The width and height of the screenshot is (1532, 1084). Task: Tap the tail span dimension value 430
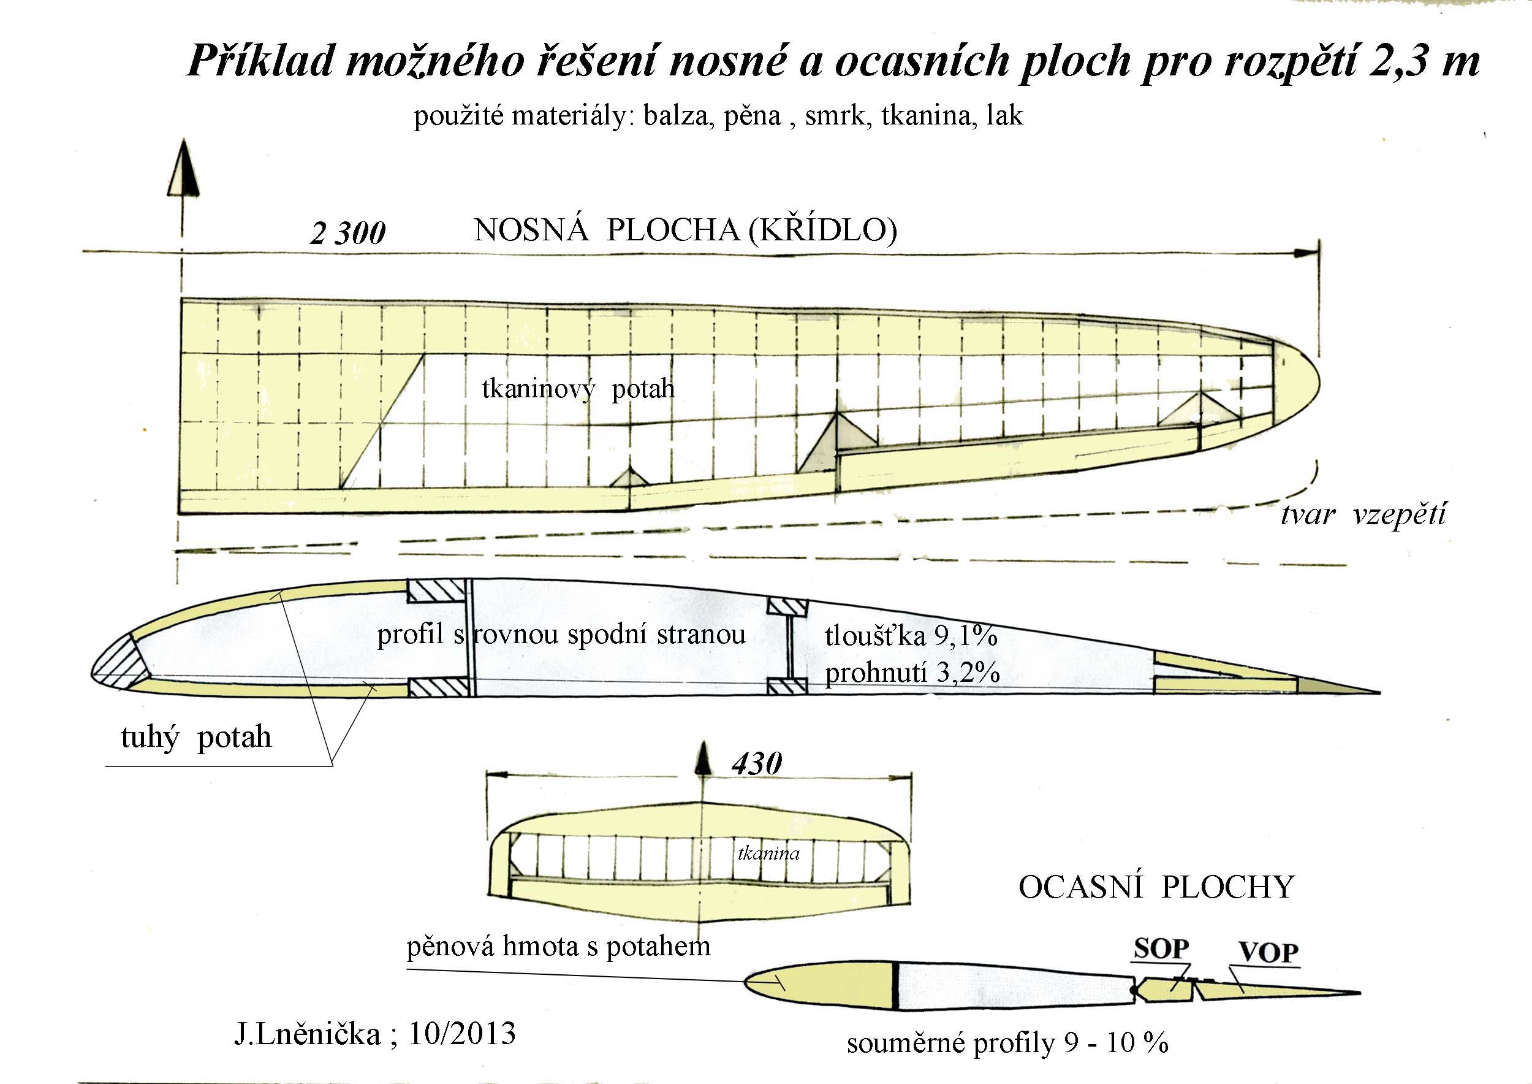pyautogui.click(x=757, y=763)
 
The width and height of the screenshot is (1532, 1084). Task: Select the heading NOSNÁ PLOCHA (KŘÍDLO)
pyautogui.click(x=685, y=231)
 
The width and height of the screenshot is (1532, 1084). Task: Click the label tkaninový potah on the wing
pyautogui.click(x=578, y=389)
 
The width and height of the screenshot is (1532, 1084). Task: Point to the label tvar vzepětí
pyautogui.click(x=1363, y=514)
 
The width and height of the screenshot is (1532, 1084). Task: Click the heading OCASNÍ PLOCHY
pyautogui.click(x=1156, y=887)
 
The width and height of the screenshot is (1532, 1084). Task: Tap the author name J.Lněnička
pyautogui.click(x=307, y=1034)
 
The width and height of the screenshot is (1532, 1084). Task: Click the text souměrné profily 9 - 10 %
pyautogui.click(x=1007, y=1043)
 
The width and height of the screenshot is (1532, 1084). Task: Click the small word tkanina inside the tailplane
pyautogui.click(x=768, y=853)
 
